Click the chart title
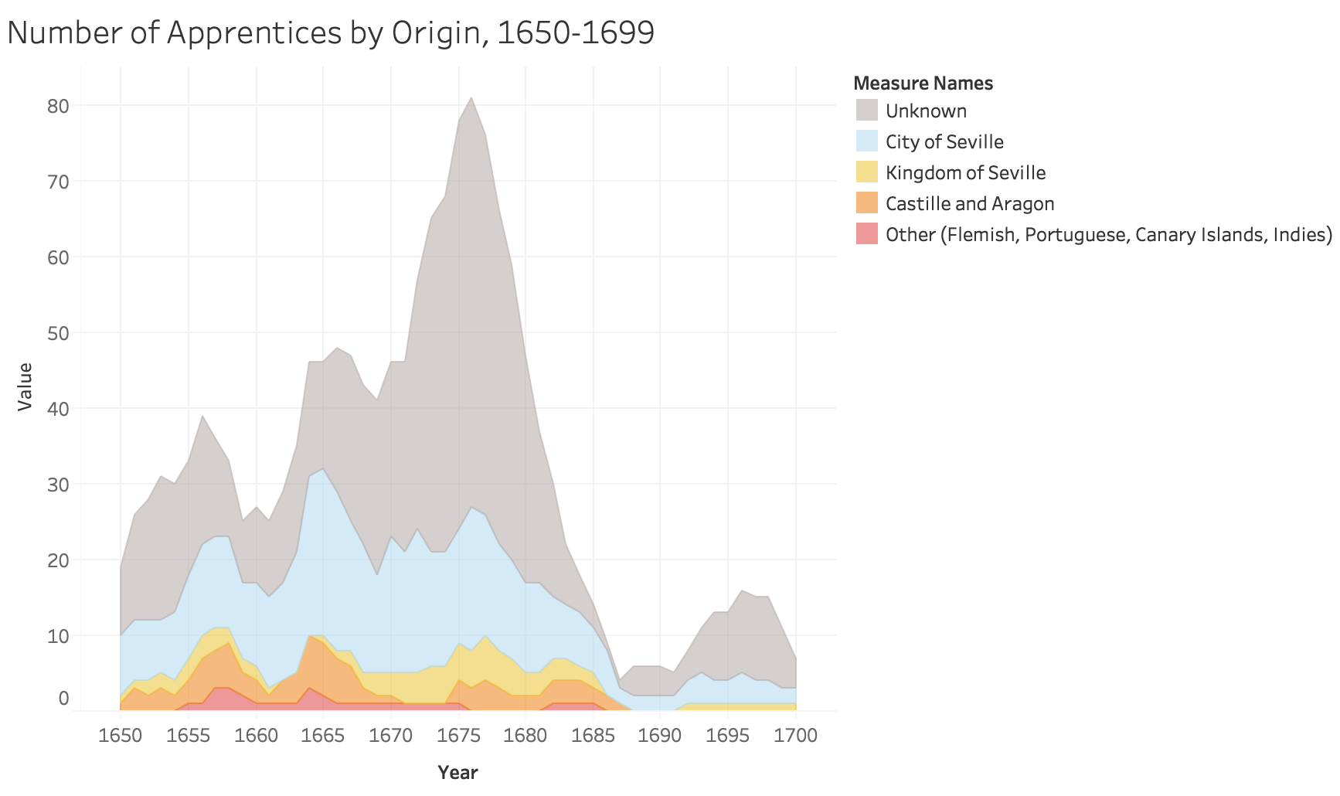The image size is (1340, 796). click(331, 32)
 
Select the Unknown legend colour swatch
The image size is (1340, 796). click(866, 111)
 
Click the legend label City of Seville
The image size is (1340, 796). click(944, 141)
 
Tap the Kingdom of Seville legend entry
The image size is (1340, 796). click(965, 172)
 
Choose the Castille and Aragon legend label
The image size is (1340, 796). click(970, 203)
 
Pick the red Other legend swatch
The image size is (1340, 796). click(866, 234)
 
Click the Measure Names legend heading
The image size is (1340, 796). click(923, 83)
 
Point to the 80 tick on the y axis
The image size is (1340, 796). click(58, 106)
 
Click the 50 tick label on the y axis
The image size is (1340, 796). click(58, 333)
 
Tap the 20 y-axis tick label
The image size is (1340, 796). click(58, 560)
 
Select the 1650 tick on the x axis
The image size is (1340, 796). click(121, 735)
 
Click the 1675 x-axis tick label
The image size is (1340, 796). click(458, 735)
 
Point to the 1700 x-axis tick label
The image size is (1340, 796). click(796, 735)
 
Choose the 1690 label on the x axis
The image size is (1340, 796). click(661, 735)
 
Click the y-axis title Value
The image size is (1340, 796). click(26, 386)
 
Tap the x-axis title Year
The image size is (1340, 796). click(457, 772)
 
